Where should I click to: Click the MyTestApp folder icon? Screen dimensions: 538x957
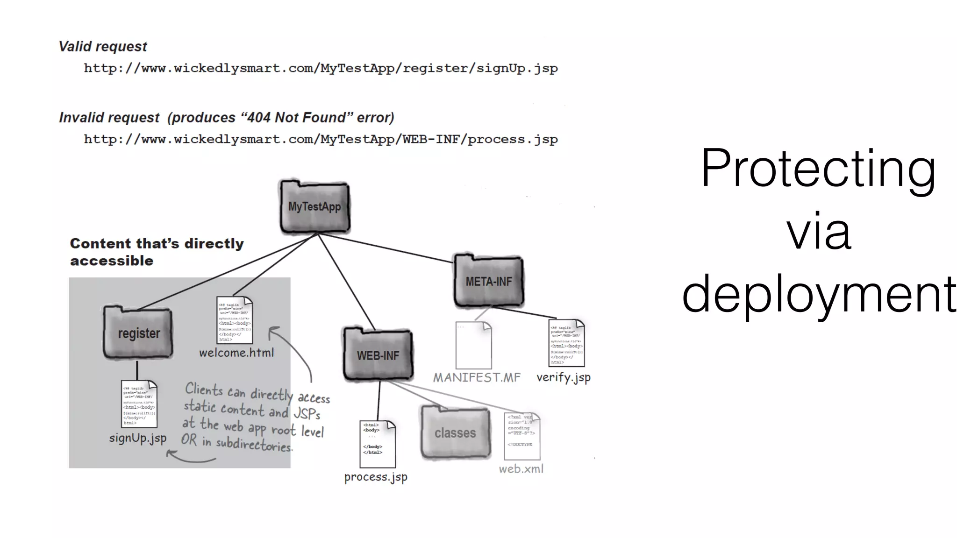(314, 206)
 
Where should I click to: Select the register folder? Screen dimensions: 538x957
(138, 333)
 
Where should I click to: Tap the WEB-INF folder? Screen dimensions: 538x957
(378, 354)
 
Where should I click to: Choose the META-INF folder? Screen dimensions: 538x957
(488, 281)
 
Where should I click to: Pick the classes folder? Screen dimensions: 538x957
(455, 432)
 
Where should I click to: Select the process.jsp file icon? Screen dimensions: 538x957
(377, 444)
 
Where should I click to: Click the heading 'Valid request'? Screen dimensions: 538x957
(103, 47)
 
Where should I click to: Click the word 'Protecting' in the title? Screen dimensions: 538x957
(818, 168)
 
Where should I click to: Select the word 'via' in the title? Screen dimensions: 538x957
(819, 231)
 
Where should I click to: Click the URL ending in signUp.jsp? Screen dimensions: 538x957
(321, 69)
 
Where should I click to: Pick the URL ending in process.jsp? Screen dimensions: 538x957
(321, 140)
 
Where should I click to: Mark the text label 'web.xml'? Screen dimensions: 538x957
(521, 469)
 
